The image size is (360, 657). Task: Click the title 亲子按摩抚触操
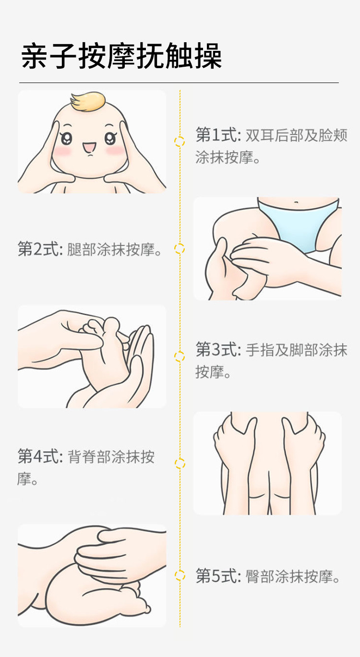(121, 56)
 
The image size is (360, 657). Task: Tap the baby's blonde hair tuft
(88, 100)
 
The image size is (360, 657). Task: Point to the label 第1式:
(218, 135)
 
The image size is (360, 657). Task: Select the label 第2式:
(40, 249)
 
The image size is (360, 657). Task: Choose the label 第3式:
(218, 350)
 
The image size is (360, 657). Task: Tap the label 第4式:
(40, 456)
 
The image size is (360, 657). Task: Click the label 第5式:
(218, 575)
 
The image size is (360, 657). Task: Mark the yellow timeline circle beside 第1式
(180, 142)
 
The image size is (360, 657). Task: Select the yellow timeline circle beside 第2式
(180, 249)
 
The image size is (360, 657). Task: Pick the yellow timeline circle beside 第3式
(180, 356)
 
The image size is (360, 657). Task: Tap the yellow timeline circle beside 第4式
(180, 463)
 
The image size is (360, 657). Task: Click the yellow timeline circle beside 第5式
(180, 575)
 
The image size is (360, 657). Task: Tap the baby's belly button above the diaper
(300, 202)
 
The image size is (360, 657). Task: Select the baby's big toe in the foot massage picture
(111, 323)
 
